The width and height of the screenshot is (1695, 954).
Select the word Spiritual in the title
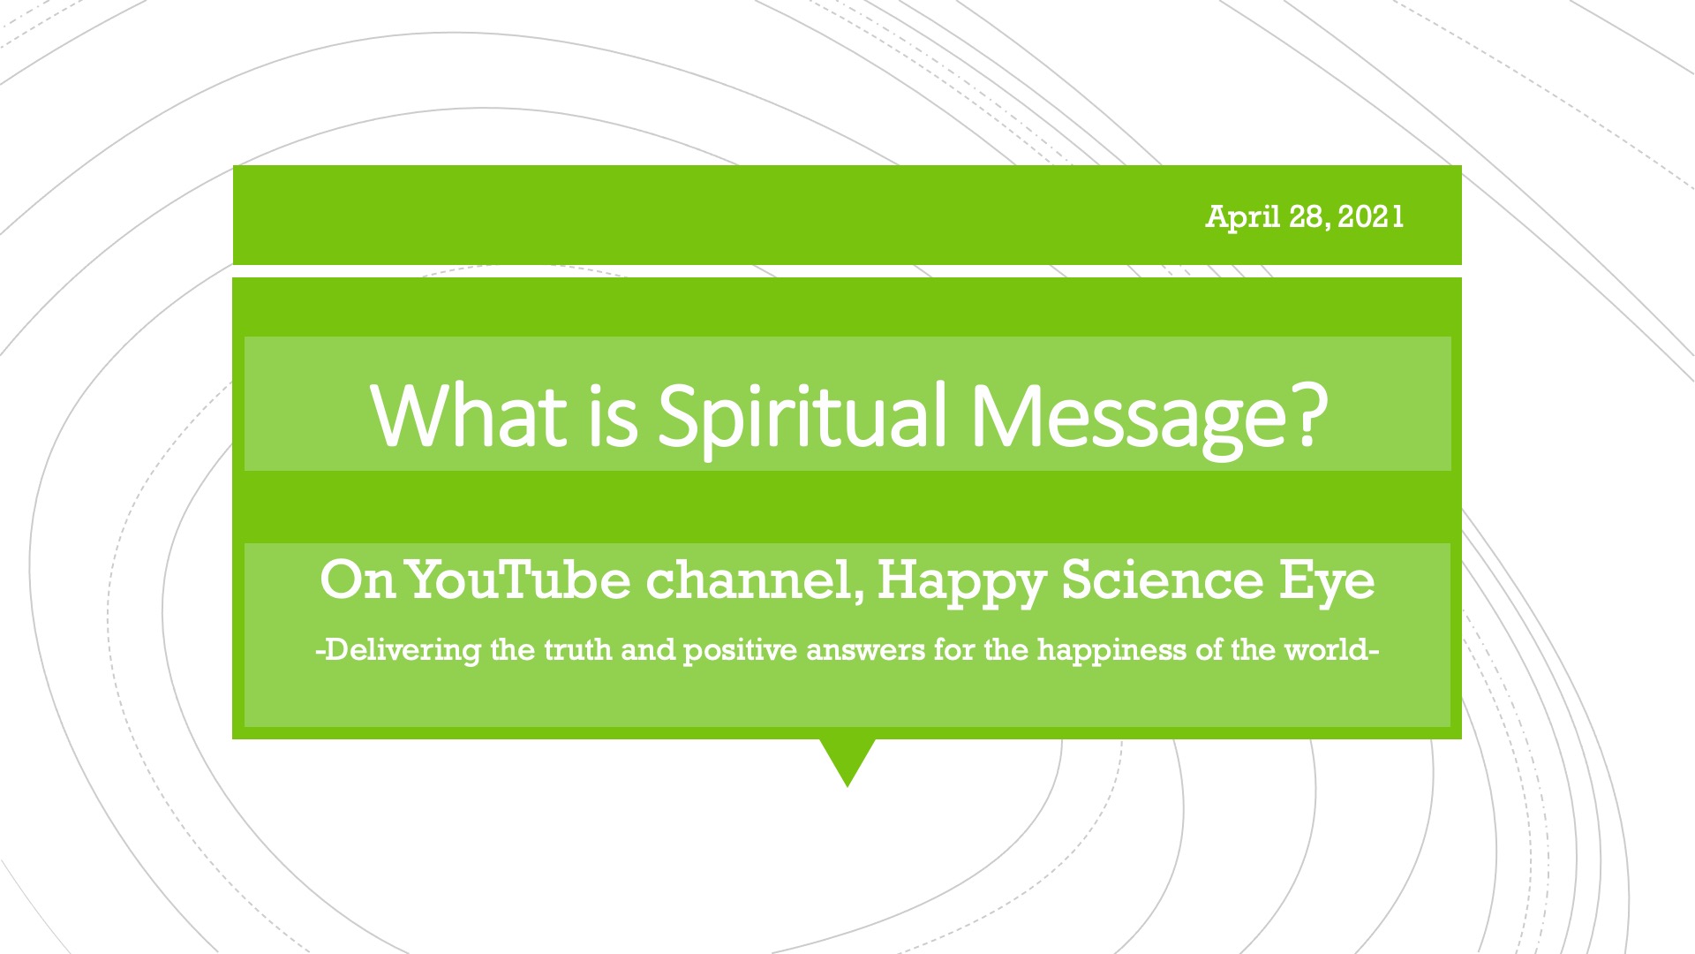coord(802,417)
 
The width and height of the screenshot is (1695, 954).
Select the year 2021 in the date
coord(1370,216)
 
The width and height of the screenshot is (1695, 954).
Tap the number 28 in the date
coord(1307,216)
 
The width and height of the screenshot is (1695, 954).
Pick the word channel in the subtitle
coord(756,581)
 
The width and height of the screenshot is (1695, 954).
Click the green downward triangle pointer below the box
coord(847,757)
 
